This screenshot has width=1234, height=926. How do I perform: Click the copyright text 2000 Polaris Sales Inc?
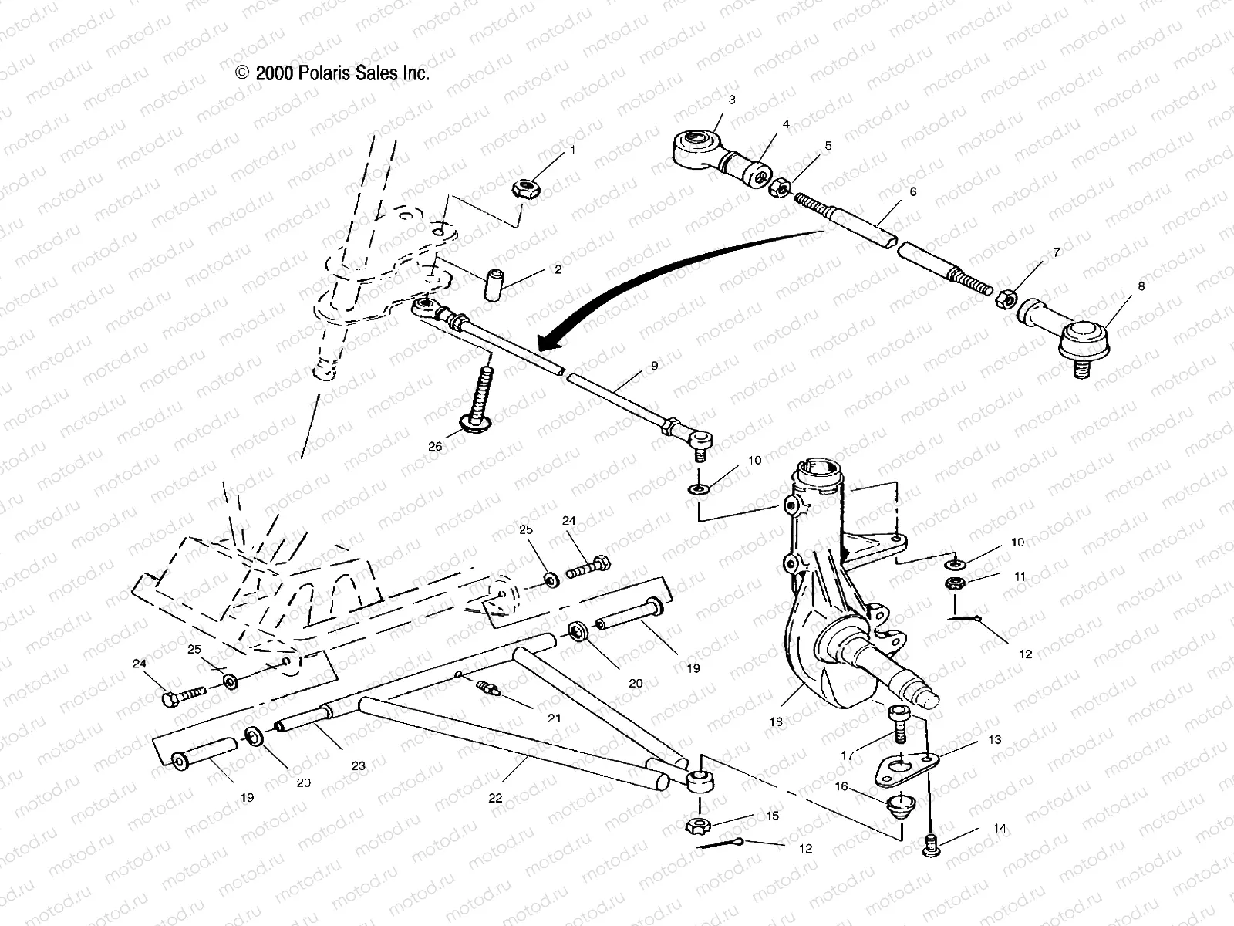click(x=332, y=73)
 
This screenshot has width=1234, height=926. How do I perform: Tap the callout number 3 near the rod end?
click(x=731, y=100)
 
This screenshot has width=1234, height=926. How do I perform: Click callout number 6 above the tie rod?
click(x=913, y=191)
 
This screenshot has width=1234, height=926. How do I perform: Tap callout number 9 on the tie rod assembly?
click(x=654, y=366)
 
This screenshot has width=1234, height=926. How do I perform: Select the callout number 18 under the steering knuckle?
click(x=776, y=722)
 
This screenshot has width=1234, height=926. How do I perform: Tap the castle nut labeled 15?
click(x=696, y=826)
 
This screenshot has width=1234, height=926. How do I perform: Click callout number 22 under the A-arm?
click(x=495, y=798)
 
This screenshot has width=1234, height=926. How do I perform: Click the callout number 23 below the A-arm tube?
click(x=358, y=765)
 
